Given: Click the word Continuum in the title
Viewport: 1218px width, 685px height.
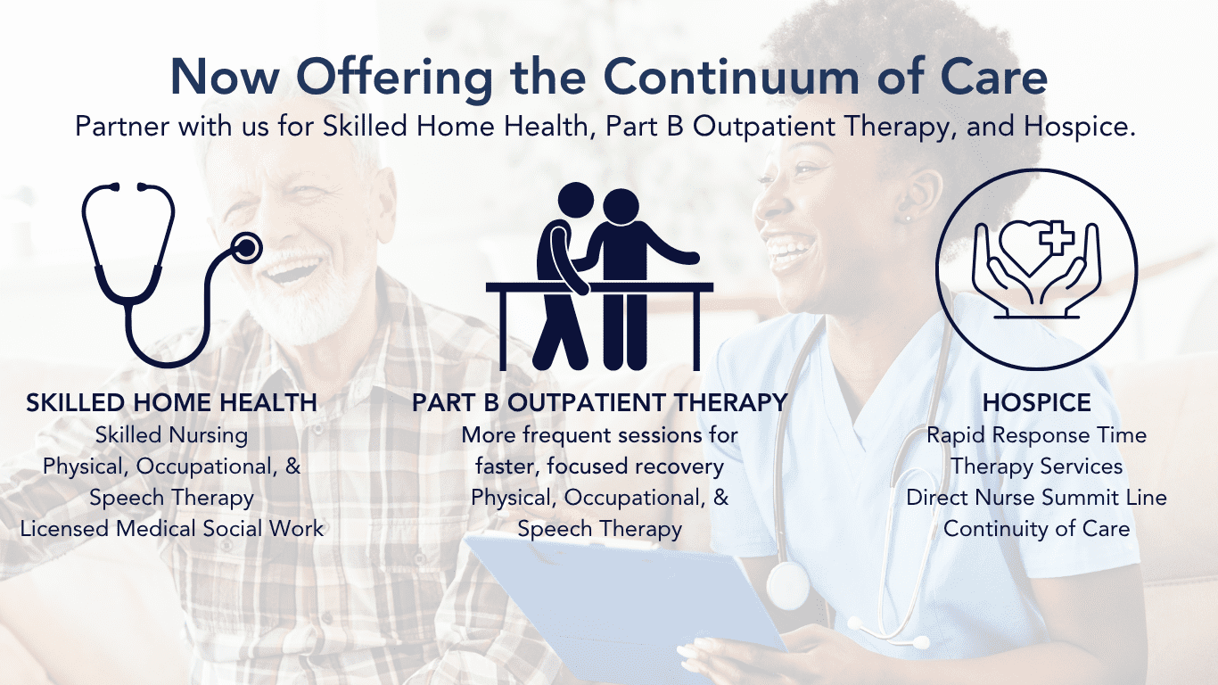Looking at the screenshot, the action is click(x=731, y=77).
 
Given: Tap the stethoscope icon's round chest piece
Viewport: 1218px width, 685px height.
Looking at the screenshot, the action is click(x=246, y=248).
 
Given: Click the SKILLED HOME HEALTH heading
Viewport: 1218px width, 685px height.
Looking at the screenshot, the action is click(x=171, y=402).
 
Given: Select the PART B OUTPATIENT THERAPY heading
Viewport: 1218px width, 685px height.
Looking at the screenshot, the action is click(x=600, y=402).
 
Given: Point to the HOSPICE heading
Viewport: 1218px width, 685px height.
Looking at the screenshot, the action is click(x=1036, y=402).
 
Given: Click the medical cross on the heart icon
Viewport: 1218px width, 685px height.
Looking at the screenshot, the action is click(x=1057, y=237).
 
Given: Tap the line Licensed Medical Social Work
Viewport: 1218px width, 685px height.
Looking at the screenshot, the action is click(x=172, y=528).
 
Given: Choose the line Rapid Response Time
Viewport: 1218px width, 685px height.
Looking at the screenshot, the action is click(x=1036, y=434).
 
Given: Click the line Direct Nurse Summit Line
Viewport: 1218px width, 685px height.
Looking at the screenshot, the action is click(x=1036, y=498).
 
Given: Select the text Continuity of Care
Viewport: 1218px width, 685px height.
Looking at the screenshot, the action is click(x=1036, y=528).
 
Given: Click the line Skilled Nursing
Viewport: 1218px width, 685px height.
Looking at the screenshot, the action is click(x=171, y=434).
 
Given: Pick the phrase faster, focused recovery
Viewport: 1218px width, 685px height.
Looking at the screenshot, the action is click(x=600, y=466).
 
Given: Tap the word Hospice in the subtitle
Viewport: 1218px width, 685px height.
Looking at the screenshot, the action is click(x=1080, y=127).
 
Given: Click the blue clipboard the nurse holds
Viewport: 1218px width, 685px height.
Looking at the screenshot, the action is click(x=625, y=604).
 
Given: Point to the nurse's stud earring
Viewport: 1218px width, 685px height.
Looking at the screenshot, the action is click(x=907, y=219).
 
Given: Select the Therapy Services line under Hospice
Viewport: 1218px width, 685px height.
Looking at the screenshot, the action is click(x=1036, y=466).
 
